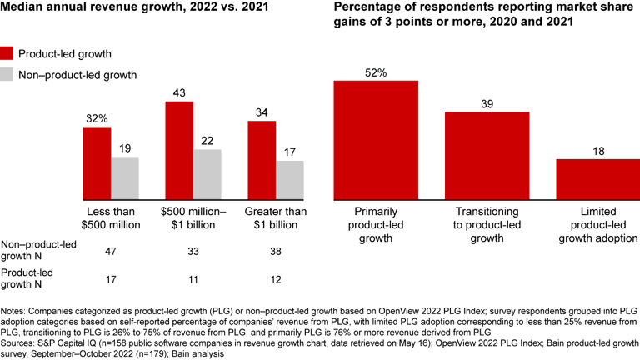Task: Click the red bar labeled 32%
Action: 97,163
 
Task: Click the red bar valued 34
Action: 262,161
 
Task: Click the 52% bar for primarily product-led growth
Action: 375,140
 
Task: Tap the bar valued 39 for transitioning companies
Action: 487,156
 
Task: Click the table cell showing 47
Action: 111,250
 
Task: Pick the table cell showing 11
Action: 193,275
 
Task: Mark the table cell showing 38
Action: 276,250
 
